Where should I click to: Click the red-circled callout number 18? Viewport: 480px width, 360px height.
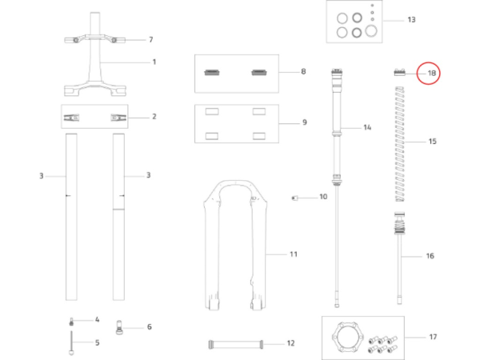point(431,74)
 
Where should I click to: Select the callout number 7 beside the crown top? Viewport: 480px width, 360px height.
point(150,39)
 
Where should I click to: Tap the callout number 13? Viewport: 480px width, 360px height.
point(412,19)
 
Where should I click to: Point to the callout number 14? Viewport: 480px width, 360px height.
point(367,127)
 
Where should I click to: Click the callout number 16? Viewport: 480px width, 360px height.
point(430,256)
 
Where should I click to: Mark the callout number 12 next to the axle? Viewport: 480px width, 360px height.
point(290,343)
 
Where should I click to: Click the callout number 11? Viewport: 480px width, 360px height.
point(293,254)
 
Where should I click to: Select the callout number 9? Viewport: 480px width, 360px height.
point(303,122)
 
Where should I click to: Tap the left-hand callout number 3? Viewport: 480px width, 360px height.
point(41,174)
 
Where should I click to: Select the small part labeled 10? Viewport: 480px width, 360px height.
point(294,196)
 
